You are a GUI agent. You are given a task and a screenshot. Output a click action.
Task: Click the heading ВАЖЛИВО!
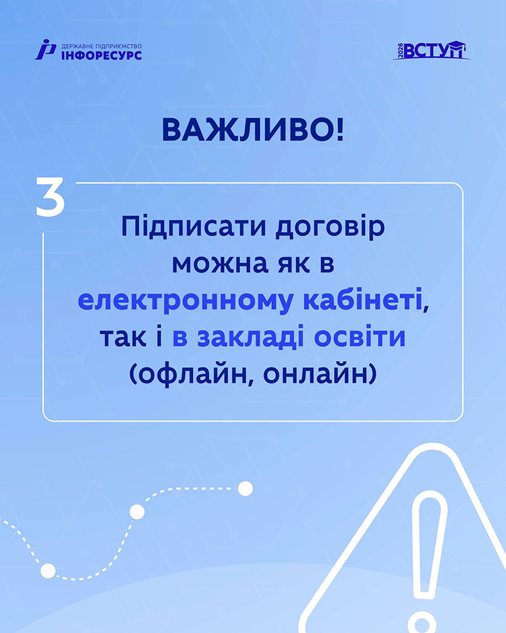(253, 130)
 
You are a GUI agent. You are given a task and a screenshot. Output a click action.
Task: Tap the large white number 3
(51, 196)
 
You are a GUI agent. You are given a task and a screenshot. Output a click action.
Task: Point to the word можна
(220, 265)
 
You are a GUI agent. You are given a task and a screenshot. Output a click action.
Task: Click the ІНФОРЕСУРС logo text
(102, 55)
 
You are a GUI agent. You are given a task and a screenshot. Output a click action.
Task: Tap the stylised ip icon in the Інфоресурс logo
(45, 49)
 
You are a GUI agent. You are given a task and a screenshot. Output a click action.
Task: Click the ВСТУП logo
(431, 50)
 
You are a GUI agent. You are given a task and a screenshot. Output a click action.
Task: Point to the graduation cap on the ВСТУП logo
(455, 46)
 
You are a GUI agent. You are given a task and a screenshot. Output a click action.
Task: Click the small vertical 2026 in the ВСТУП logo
(400, 51)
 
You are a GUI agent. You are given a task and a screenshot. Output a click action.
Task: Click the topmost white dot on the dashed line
(246, 489)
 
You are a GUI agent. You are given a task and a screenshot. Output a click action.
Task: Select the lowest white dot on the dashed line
(48, 570)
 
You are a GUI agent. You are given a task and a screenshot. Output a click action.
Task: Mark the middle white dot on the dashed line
(137, 512)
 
